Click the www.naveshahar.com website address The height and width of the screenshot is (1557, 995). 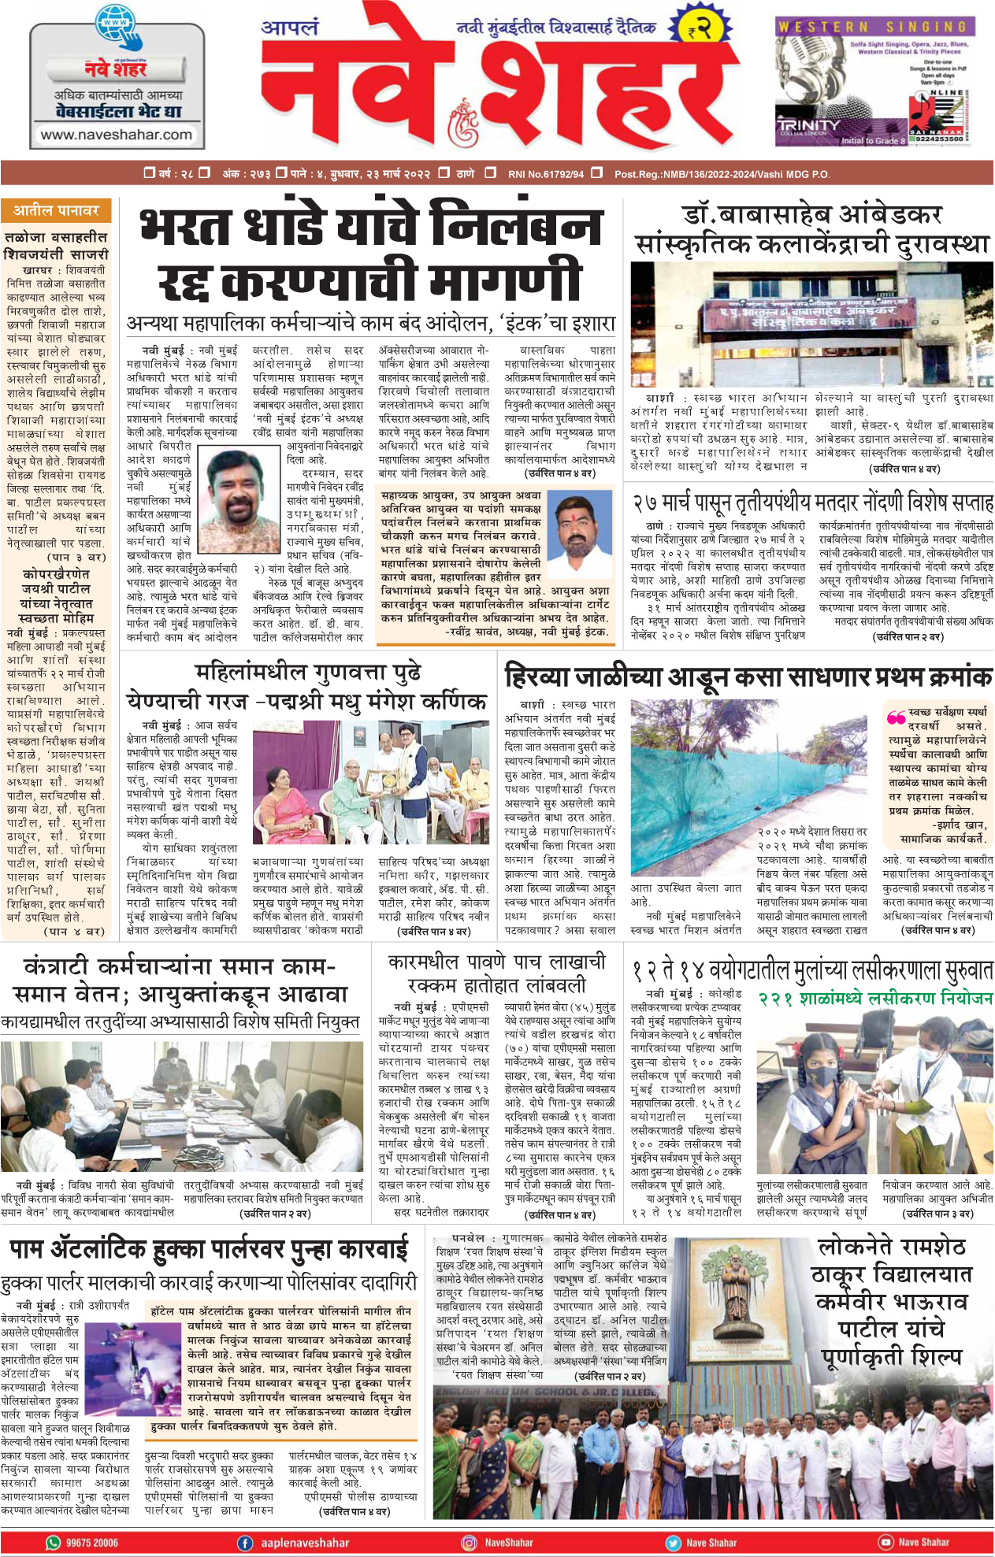[117, 135]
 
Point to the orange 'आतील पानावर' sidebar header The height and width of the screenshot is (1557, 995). [56, 211]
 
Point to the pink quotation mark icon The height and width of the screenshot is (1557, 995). [896, 717]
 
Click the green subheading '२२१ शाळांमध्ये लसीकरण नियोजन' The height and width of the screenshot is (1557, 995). [874, 999]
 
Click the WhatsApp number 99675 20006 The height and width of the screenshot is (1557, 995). [83, 1542]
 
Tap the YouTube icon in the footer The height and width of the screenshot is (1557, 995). [885, 1542]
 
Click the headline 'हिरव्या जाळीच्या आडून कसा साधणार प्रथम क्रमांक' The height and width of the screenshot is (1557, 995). [748, 677]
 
